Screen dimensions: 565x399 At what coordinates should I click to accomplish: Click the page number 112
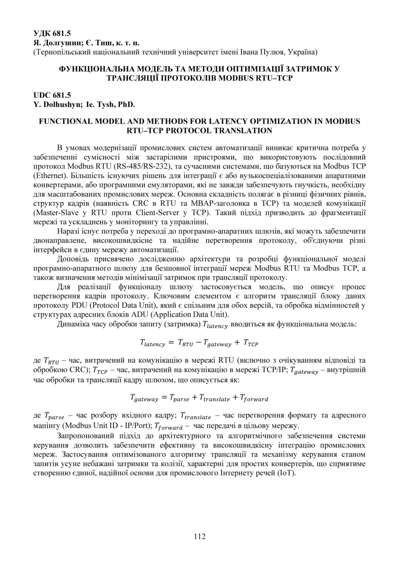click(x=199, y=536)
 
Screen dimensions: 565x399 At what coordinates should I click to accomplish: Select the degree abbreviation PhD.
click(x=126, y=104)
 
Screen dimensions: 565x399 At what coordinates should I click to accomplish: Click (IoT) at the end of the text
click(x=287, y=473)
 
